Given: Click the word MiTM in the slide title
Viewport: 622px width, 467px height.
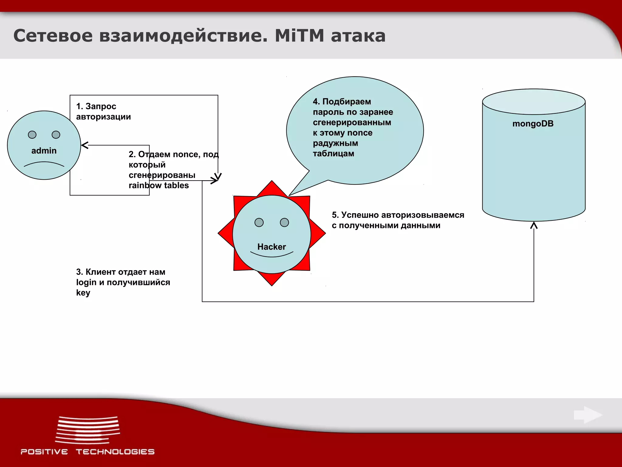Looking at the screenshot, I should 299,36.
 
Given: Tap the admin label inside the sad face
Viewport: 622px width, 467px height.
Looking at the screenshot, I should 44,151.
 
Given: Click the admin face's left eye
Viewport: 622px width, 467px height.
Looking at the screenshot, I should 32,135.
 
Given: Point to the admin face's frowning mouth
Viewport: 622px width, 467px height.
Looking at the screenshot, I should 44,164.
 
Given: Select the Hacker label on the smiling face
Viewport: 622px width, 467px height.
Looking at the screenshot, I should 272,247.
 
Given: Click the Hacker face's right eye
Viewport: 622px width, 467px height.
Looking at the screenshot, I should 284,223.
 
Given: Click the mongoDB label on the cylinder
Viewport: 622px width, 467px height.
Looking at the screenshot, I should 533,124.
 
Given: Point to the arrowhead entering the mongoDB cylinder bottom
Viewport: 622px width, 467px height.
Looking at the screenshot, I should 534,225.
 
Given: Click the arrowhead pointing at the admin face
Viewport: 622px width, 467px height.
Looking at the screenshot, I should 85,145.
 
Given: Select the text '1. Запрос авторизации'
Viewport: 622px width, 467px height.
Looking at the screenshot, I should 103,112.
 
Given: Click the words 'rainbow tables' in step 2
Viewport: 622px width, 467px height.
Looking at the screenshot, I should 159,185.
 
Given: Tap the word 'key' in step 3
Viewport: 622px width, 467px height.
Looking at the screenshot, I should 83,293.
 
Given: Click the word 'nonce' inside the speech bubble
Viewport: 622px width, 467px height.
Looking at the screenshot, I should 360,133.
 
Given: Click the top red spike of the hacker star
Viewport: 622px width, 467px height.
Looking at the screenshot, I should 272,187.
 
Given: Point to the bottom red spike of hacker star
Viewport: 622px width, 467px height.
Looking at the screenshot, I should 272,280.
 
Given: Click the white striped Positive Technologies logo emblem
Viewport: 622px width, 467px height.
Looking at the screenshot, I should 88,430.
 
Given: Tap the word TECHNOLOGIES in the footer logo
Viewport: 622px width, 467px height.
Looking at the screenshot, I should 115,452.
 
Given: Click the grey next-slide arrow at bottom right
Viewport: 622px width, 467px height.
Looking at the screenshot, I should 588,415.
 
